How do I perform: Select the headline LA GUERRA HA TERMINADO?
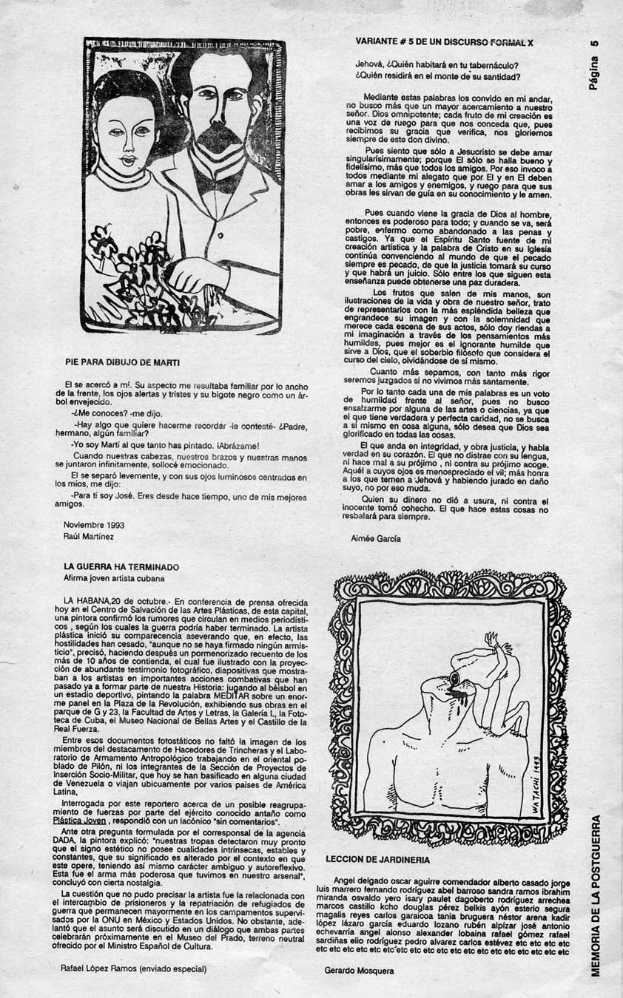121,567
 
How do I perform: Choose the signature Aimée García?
376,539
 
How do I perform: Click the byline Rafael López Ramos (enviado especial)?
133,967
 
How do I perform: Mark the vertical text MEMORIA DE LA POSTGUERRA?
596,895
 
